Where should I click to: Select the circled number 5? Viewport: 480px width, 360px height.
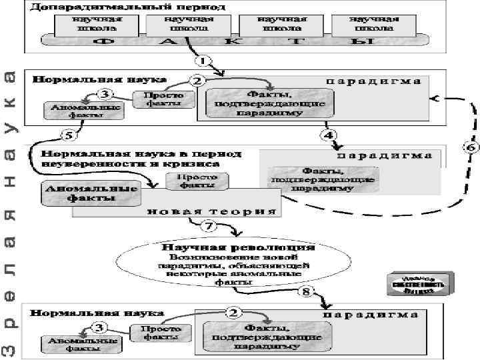69,135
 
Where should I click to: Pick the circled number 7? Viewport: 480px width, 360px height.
209,226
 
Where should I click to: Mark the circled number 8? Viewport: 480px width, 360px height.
306,291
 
